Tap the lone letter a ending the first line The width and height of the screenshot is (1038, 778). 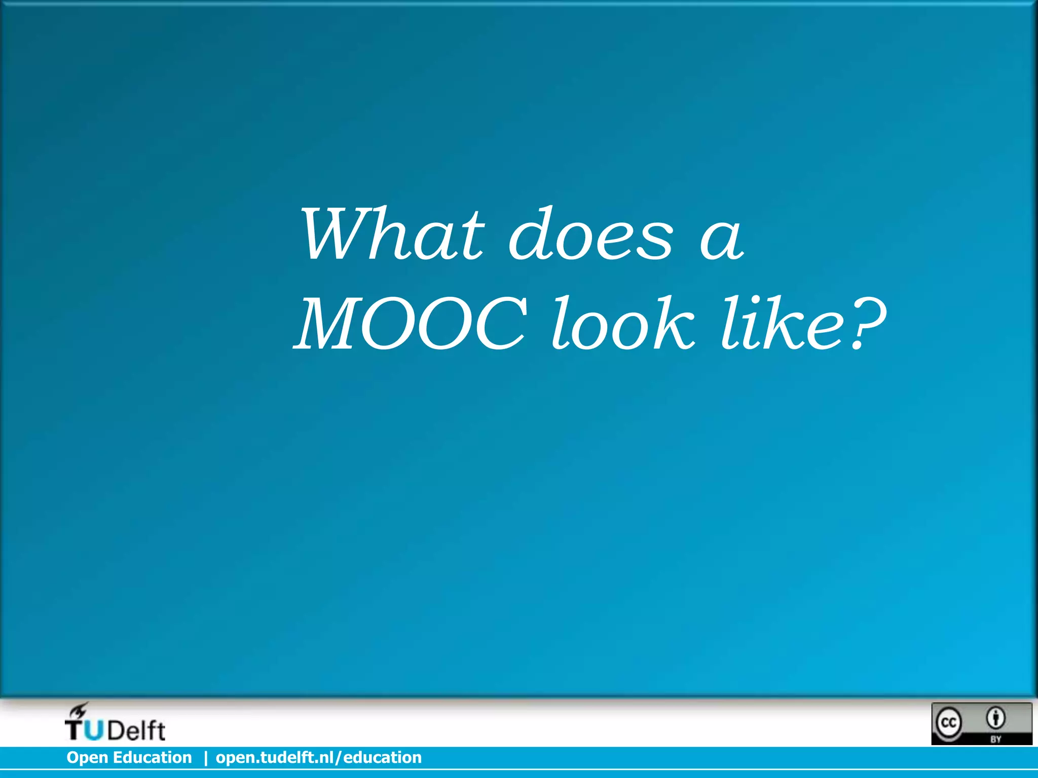(722, 238)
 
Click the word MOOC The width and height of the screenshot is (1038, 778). (411, 324)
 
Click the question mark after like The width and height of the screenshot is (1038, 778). (867, 324)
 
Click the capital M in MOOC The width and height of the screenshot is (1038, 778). (337, 324)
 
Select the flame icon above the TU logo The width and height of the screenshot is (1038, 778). (80, 710)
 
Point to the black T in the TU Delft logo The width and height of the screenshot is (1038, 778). (74, 731)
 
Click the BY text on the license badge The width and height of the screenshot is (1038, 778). (996, 739)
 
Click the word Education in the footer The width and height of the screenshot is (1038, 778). (152, 757)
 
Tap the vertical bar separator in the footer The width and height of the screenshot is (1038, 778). (205, 758)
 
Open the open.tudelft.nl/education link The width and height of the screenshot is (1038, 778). (319, 757)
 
